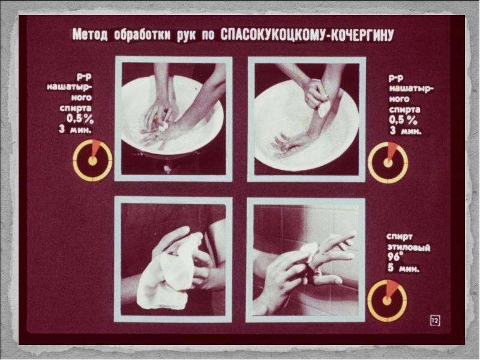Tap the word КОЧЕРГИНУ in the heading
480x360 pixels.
(x=365, y=35)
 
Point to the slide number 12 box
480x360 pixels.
(x=434, y=321)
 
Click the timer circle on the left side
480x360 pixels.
(x=92, y=161)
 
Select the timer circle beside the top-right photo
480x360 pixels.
(x=388, y=163)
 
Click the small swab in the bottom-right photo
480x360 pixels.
(x=310, y=247)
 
